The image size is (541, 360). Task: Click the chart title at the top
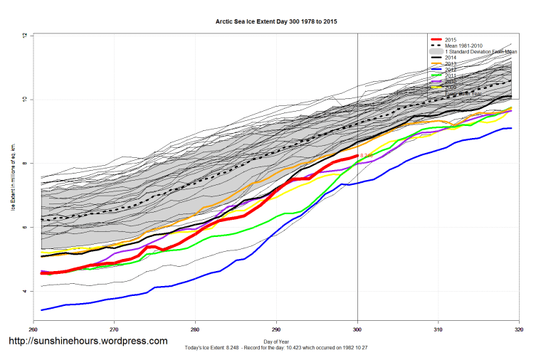(276, 22)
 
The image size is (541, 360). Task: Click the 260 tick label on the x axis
(33, 329)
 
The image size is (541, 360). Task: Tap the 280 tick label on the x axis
(195, 329)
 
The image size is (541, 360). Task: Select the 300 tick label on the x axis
(357, 329)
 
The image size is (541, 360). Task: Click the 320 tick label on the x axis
(519, 329)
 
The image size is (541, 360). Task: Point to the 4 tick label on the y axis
(24, 291)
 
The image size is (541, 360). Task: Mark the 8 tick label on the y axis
(24, 163)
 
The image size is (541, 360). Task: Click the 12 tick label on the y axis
(24, 35)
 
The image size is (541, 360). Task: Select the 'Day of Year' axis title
(276, 342)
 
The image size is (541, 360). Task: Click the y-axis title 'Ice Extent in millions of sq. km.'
(14, 178)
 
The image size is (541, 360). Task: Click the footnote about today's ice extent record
(276, 349)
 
